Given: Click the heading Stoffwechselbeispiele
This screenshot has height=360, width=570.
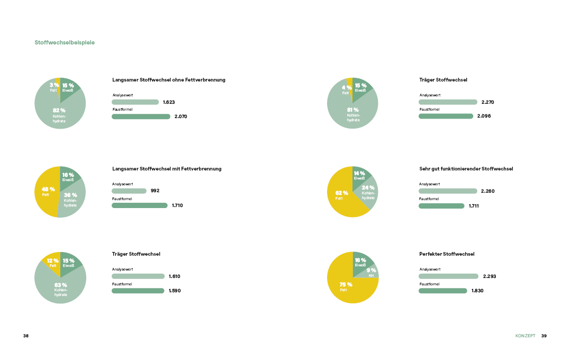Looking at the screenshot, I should pyautogui.click(x=65, y=42).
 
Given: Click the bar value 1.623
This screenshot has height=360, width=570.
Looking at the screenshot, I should pyautogui.click(x=169, y=102).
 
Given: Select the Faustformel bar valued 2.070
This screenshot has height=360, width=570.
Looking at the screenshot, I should pyautogui.click(x=141, y=116).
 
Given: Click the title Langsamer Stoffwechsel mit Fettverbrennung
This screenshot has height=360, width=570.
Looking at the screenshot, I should pyautogui.click(x=167, y=169).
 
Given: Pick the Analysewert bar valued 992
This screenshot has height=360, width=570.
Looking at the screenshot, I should pyautogui.click(x=129, y=191).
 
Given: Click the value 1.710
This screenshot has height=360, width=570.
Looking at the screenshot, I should pyautogui.click(x=177, y=205).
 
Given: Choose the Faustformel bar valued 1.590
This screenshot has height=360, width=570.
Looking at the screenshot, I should pyautogui.click(x=138, y=291).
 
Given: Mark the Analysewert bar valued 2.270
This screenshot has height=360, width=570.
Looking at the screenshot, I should pyautogui.click(x=448, y=102).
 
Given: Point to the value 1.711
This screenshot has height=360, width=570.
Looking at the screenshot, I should pyautogui.click(x=474, y=205).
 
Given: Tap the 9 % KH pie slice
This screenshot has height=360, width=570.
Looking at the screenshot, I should pyautogui.click(x=373, y=272).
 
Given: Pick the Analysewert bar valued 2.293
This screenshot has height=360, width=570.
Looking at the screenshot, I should pyautogui.click(x=448, y=276).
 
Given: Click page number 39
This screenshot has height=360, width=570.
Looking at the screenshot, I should pyautogui.click(x=544, y=336).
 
